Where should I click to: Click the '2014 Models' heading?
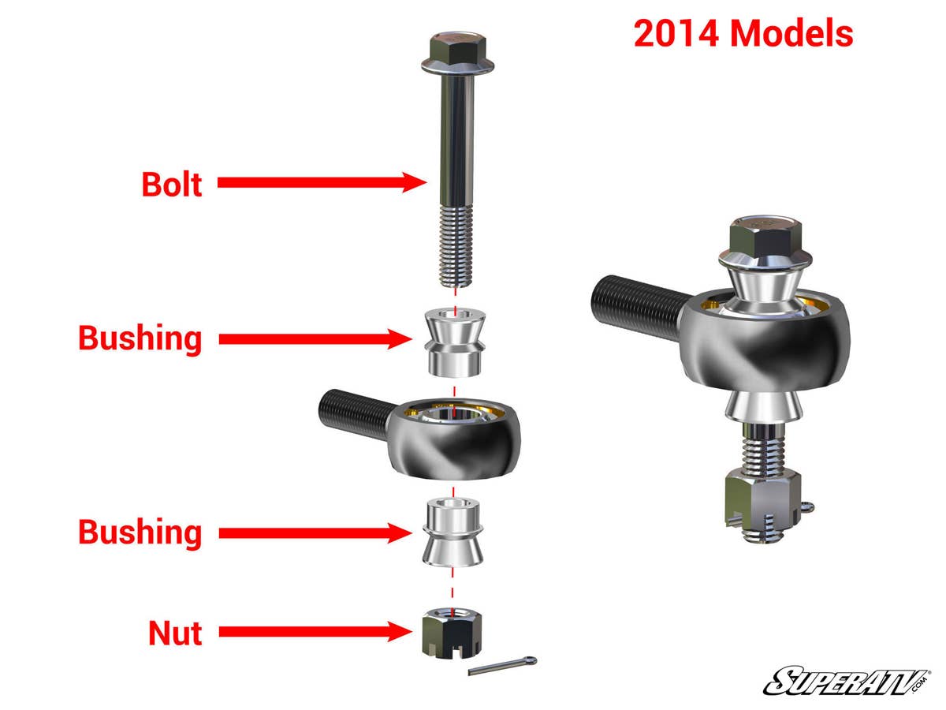click(x=743, y=34)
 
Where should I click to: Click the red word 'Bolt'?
click(x=172, y=184)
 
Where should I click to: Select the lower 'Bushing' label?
click(x=140, y=532)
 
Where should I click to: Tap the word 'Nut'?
click(x=175, y=633)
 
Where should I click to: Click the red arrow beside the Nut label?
click(x=315, y=631)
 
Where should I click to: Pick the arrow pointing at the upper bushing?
click(x=312, y=339)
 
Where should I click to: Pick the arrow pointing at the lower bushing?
click(x=312, y=533)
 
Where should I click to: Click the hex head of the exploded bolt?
click(x=456, y=52)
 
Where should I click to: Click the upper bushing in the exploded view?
click(x=454, y=342)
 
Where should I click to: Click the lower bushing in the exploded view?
click(x=453, y=531)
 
